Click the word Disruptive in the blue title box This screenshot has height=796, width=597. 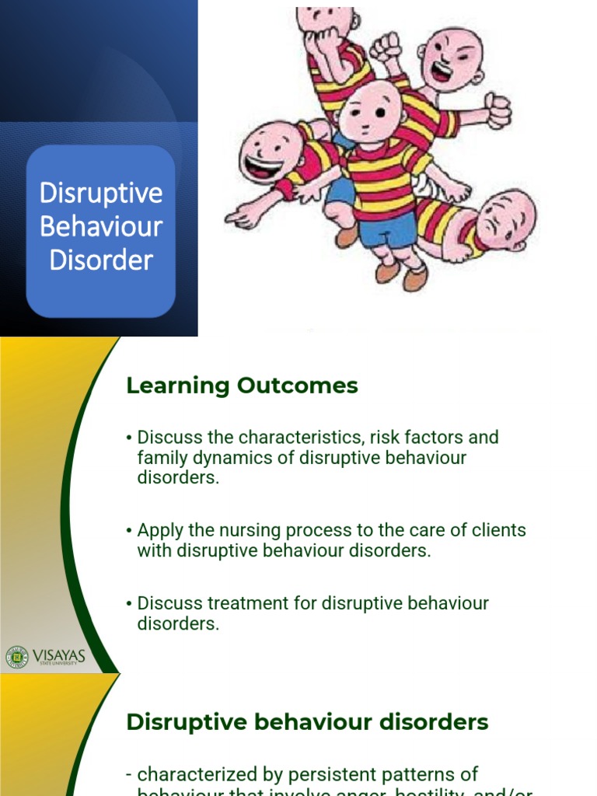tap(101, 194)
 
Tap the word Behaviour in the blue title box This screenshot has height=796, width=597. tap(101, 227)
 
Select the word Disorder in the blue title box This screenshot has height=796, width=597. tap(101, 260)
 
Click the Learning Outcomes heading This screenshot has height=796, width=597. tap(242, 386)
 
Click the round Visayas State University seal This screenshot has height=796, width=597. tap(16, 657)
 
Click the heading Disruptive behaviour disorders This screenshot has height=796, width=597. tap(307, 722)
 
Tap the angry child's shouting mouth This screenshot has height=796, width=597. tap(440, 72)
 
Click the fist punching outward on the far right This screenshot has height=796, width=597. tap(497, 109)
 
